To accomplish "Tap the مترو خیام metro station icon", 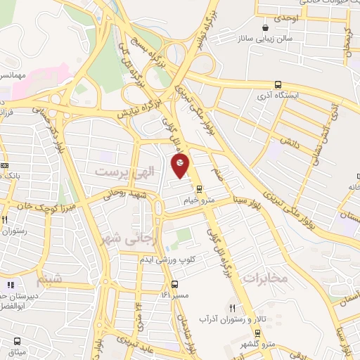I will click(x=199, y=188).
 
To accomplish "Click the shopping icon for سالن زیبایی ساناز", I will click(x=265, y=28).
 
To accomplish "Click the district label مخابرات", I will click(x=266, y=278).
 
